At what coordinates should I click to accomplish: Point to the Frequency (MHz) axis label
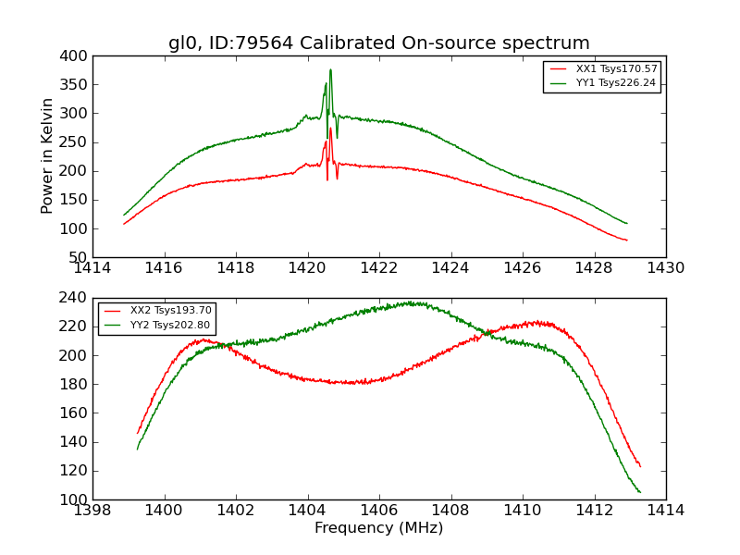(378, 528)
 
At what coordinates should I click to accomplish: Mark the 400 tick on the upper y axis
(76, 55)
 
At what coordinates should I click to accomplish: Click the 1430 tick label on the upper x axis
(665, 267)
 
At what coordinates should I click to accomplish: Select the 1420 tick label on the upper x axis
(307, 267)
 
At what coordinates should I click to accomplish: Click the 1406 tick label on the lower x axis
(378, 510)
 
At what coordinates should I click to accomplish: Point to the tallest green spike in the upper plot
(330, 70)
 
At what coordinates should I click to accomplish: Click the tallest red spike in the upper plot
(330, 129)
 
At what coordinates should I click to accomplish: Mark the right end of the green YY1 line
(627, 223)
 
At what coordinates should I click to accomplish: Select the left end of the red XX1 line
(124, 223)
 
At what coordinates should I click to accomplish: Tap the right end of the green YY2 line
(640, 492)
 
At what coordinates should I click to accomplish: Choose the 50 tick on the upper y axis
(80, 257)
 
